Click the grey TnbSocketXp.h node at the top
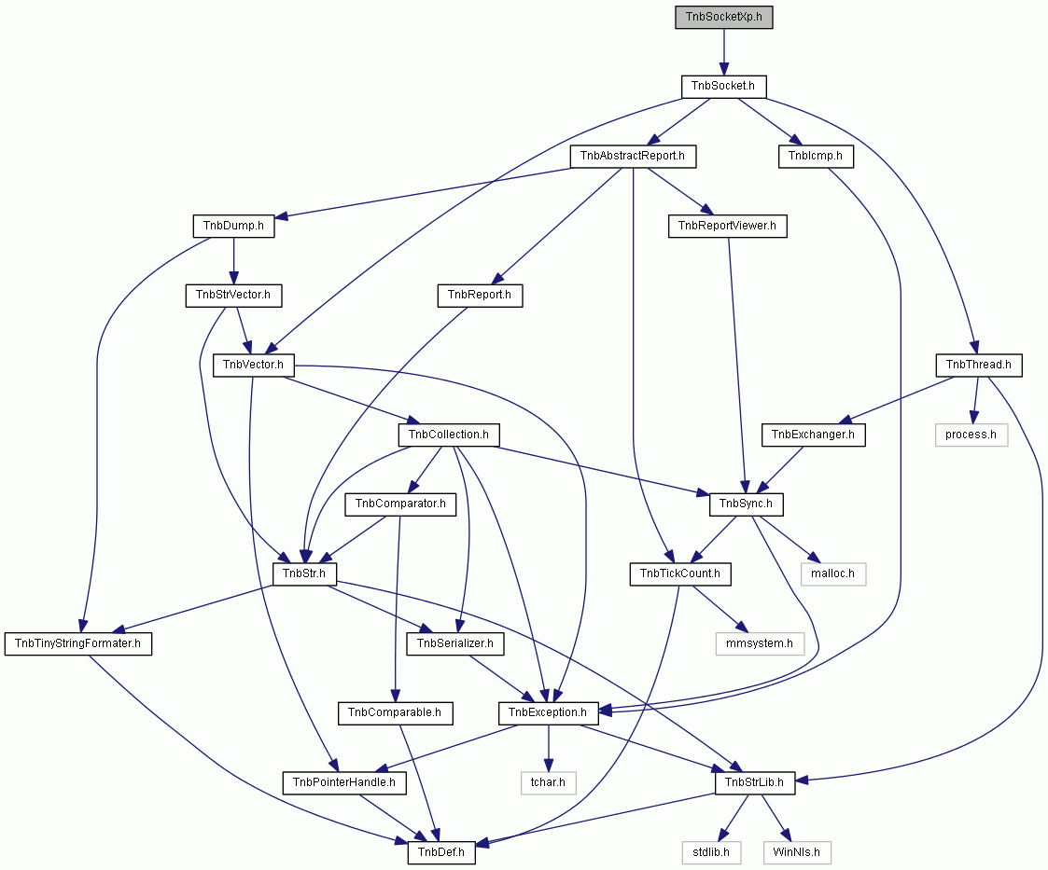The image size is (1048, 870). pyautogui.click(x=724, y=17)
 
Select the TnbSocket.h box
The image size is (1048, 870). pyautogui.click(x=723, y=86)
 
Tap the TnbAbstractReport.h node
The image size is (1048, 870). pyautogui.click(x=633, y=157)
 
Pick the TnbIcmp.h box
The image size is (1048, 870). pyautogui.click(x=815, y=157)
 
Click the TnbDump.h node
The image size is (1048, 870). pyautogui.click(x=233, y=226)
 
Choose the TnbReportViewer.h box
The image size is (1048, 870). pyautogui.click(x=727, y=226)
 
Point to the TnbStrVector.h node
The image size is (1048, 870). pyautogui.click(x=233, y=295)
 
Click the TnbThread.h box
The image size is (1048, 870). pyautogui.click(x=979, y=366)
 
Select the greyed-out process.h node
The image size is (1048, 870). pyautogui.click(x=971, y=435)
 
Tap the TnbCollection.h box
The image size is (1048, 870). pyautogui.click(x=449, y=435)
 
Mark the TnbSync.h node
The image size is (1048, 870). pyautogui.click(x=746, y=504)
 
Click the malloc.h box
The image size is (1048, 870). pyautogui.click(x=832, y=573)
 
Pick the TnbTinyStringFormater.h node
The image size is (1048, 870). pyautogui.click(x=78, y=643)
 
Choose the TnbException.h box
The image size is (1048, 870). pyautogui.click(x=548, y=713)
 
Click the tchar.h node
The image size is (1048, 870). pyautogui.click(x=548, y=782)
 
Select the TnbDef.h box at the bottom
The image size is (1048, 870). pyautogui.click(x=441, y=852)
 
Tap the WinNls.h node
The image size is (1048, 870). pyautogui.click(x=797, y=852)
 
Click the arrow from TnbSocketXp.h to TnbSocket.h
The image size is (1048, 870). pyautogui.click(x=723, y=52)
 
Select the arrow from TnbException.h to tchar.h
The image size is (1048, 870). pyautogui.click(x=548, y=748)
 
